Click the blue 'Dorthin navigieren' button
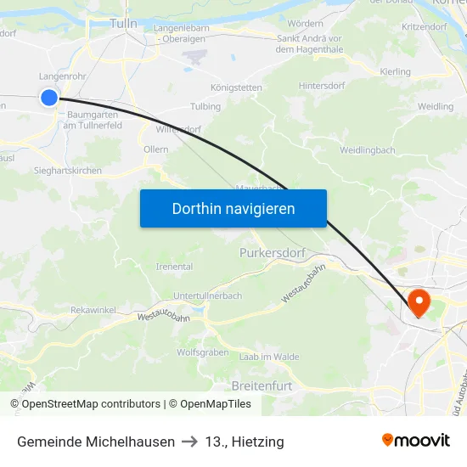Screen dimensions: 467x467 233,209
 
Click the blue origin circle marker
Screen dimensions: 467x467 49,98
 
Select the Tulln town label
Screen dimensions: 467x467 123,24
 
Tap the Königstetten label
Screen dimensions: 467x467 235,87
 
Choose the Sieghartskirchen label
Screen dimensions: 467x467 68,171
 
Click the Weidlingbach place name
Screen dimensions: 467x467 367,150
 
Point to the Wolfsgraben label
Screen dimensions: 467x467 202,352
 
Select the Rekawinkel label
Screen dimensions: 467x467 93,310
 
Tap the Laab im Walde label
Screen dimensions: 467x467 269,357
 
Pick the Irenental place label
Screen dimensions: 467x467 174,267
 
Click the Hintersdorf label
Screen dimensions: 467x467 324,86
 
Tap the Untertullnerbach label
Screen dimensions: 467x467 208,295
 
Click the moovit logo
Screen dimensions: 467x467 416,441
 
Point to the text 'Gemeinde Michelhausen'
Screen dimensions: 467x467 96,442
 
